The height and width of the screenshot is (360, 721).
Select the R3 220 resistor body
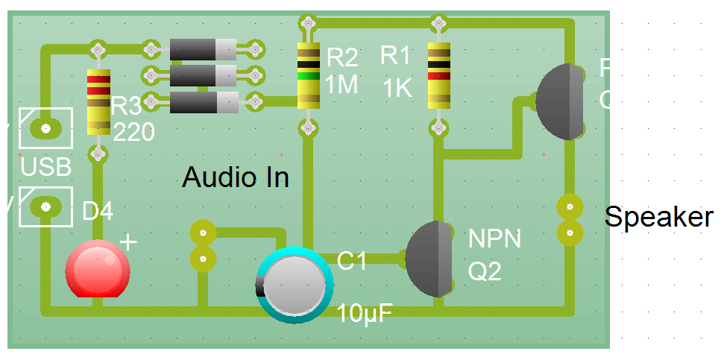pos(98,101)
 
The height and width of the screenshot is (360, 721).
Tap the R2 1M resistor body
pos(307,75)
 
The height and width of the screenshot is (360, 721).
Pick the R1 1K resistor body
pos(438,75)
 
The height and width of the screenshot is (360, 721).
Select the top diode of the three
pos(203,50)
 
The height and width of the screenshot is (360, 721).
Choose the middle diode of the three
pos(203,75)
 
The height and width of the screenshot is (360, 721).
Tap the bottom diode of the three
pos(203,102)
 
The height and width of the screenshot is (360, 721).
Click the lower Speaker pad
pos(570,233)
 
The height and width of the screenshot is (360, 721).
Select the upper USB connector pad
pos(45,128)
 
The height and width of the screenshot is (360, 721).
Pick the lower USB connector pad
pos(45,206)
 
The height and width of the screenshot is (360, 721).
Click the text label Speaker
pos(658,217)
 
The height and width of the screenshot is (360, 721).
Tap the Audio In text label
pos(236,177)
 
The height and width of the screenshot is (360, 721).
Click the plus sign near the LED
pos(128,242)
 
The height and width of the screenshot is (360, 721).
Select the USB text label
pos(45,166)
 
